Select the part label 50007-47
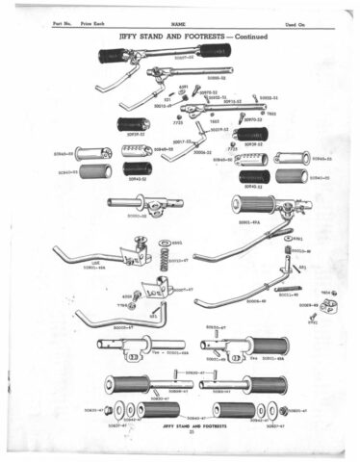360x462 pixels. (181, 289)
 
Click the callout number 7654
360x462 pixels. (324, 291)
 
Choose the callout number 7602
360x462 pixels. (271, 114)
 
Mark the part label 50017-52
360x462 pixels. (183, 142)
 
